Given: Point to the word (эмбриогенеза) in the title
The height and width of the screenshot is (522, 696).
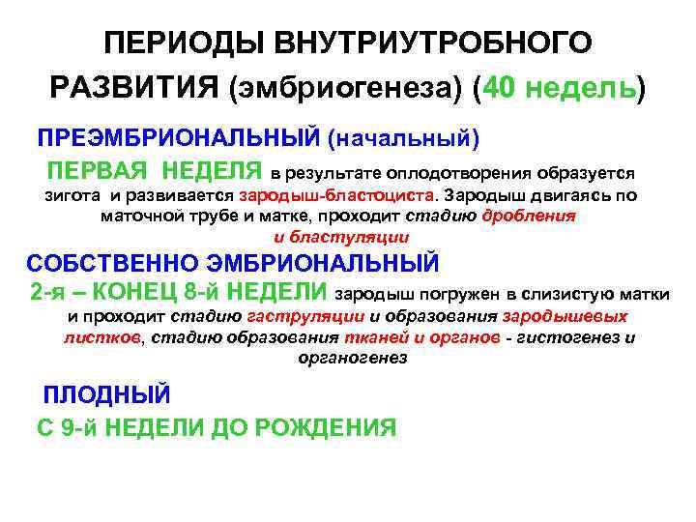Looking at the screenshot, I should tap(349, 89).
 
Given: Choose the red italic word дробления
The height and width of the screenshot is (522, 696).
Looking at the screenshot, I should tap(532, 216).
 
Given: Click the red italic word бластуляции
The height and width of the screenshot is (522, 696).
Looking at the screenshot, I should tap(355, 236).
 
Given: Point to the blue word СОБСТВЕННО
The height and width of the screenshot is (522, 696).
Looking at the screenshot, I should tap(108, 263).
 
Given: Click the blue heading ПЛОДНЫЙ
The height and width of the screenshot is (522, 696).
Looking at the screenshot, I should tap(107, 395).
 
